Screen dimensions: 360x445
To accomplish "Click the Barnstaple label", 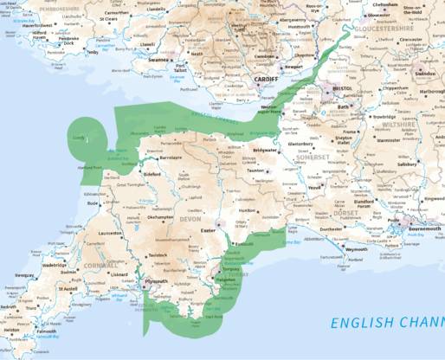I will click(171, 158).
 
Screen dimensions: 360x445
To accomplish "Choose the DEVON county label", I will click(189, 220).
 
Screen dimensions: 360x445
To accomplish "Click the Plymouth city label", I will click(157, 281).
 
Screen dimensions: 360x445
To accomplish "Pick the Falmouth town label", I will click(46, 331).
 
